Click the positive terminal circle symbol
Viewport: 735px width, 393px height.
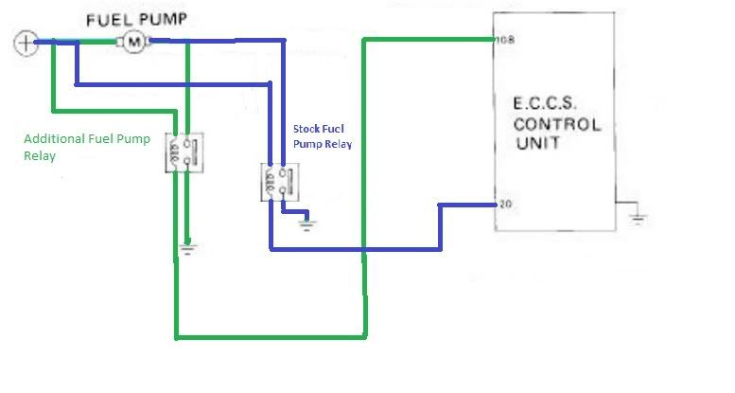[x=26, y=43]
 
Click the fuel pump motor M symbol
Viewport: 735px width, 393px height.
[x=134, y=42]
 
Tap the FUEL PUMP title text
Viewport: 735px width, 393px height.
[x=137, y=20]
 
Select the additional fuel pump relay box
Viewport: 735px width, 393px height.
[x=184, y=152]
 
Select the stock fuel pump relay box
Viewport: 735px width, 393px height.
[x=280, y=182]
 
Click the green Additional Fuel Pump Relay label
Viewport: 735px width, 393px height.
[x=87, y=147]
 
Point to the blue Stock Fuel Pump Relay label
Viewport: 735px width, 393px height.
[x=323, y=136]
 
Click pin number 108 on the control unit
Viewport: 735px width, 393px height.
[x=505, y=40]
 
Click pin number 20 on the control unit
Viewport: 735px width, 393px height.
[x=506, y=205]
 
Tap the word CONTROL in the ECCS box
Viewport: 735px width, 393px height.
[x=557, y=124]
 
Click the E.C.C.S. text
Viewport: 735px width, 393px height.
[x=544, y=103]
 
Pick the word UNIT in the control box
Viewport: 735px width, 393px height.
[x=537, y=143]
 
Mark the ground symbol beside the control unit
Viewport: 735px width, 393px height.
[x=638, y=218]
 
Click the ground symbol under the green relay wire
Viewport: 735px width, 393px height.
[x=187, y=249]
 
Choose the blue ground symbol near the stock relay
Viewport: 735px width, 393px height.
[x=306, y=224]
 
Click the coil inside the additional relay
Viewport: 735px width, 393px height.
[x=174, y=152]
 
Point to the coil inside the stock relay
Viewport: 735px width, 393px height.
[x=270, y=181]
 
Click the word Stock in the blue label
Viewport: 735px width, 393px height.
[x=306, y=129]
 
